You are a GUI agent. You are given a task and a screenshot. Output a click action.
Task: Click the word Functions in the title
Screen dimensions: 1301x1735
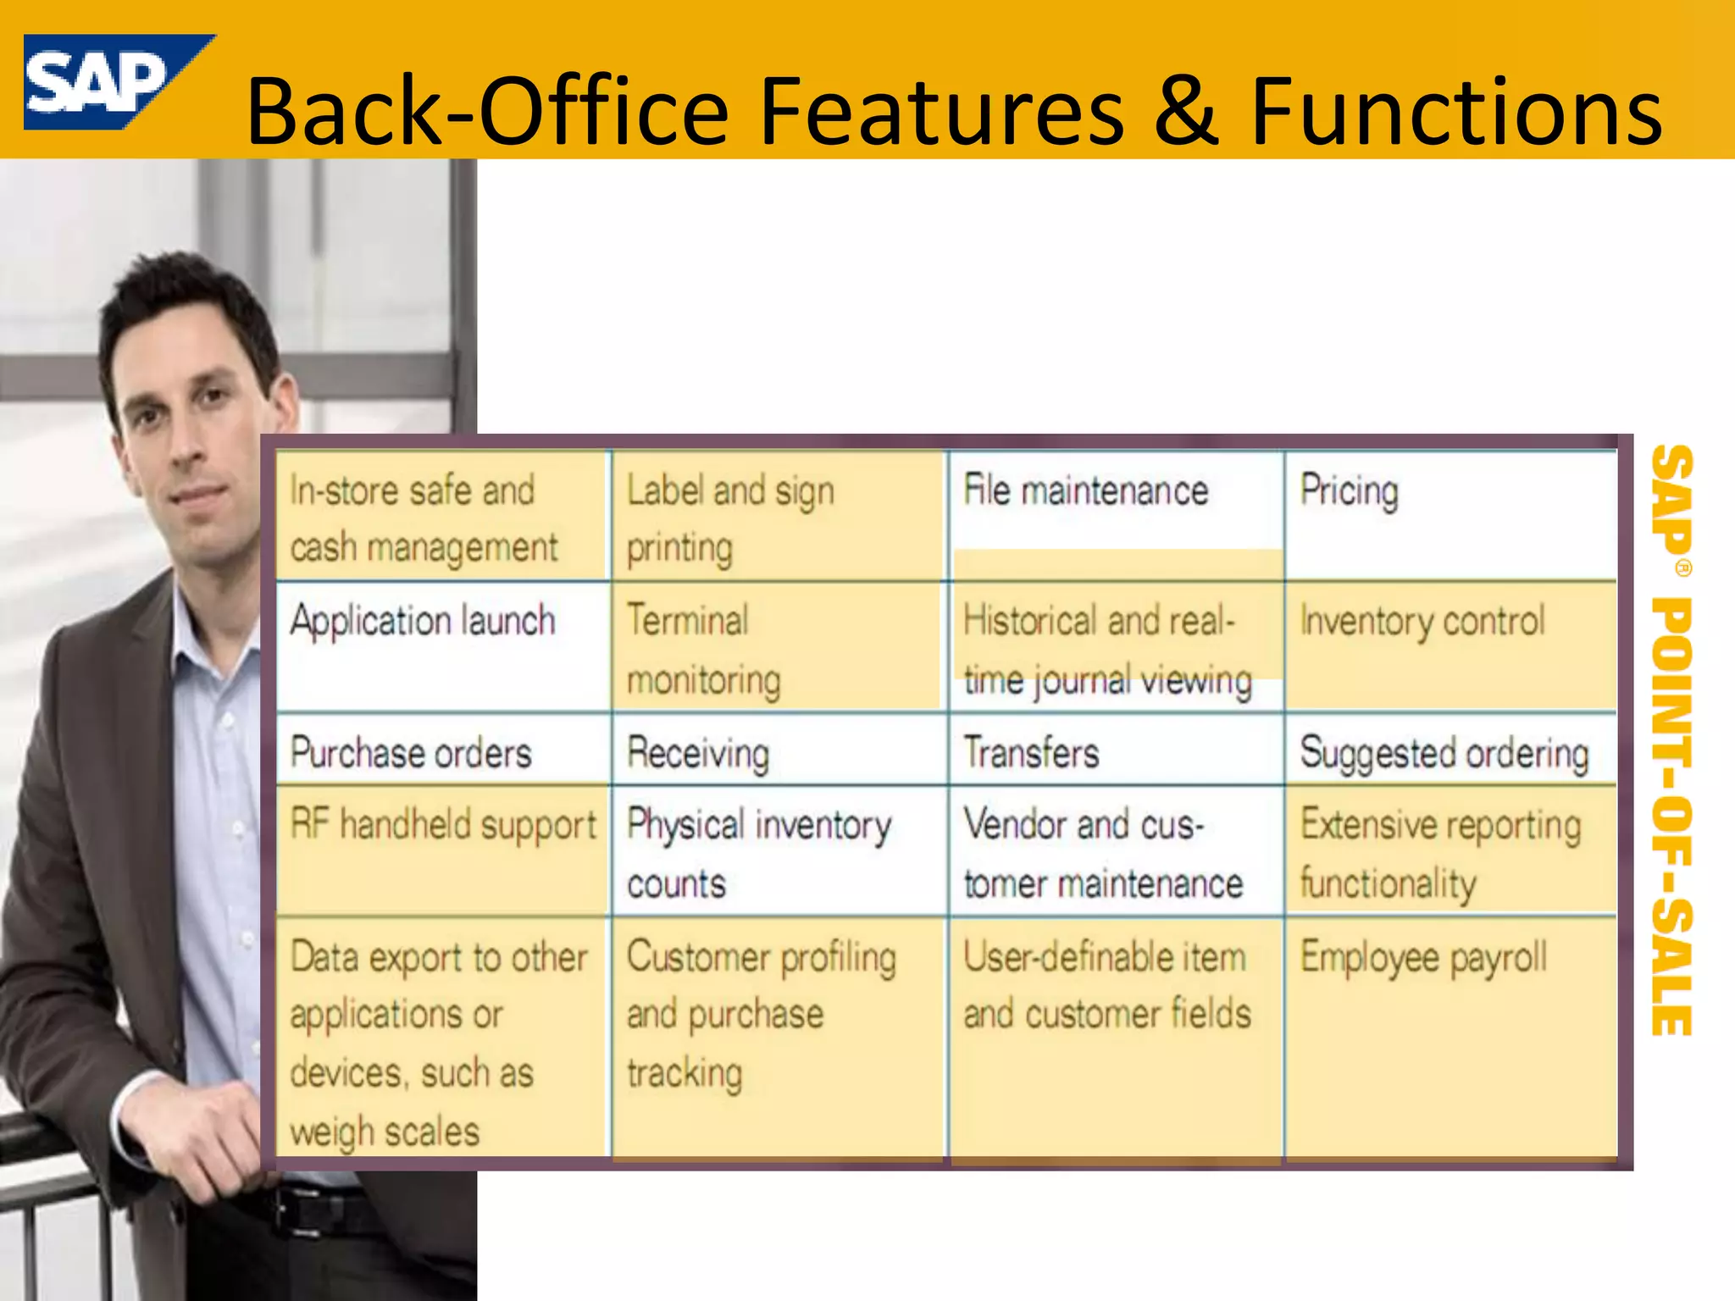pyautogui.click(x=1455, y=112)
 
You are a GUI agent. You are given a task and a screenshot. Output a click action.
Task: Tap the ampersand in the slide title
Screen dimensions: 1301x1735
pyautogui.click(x=1186, y=112)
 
